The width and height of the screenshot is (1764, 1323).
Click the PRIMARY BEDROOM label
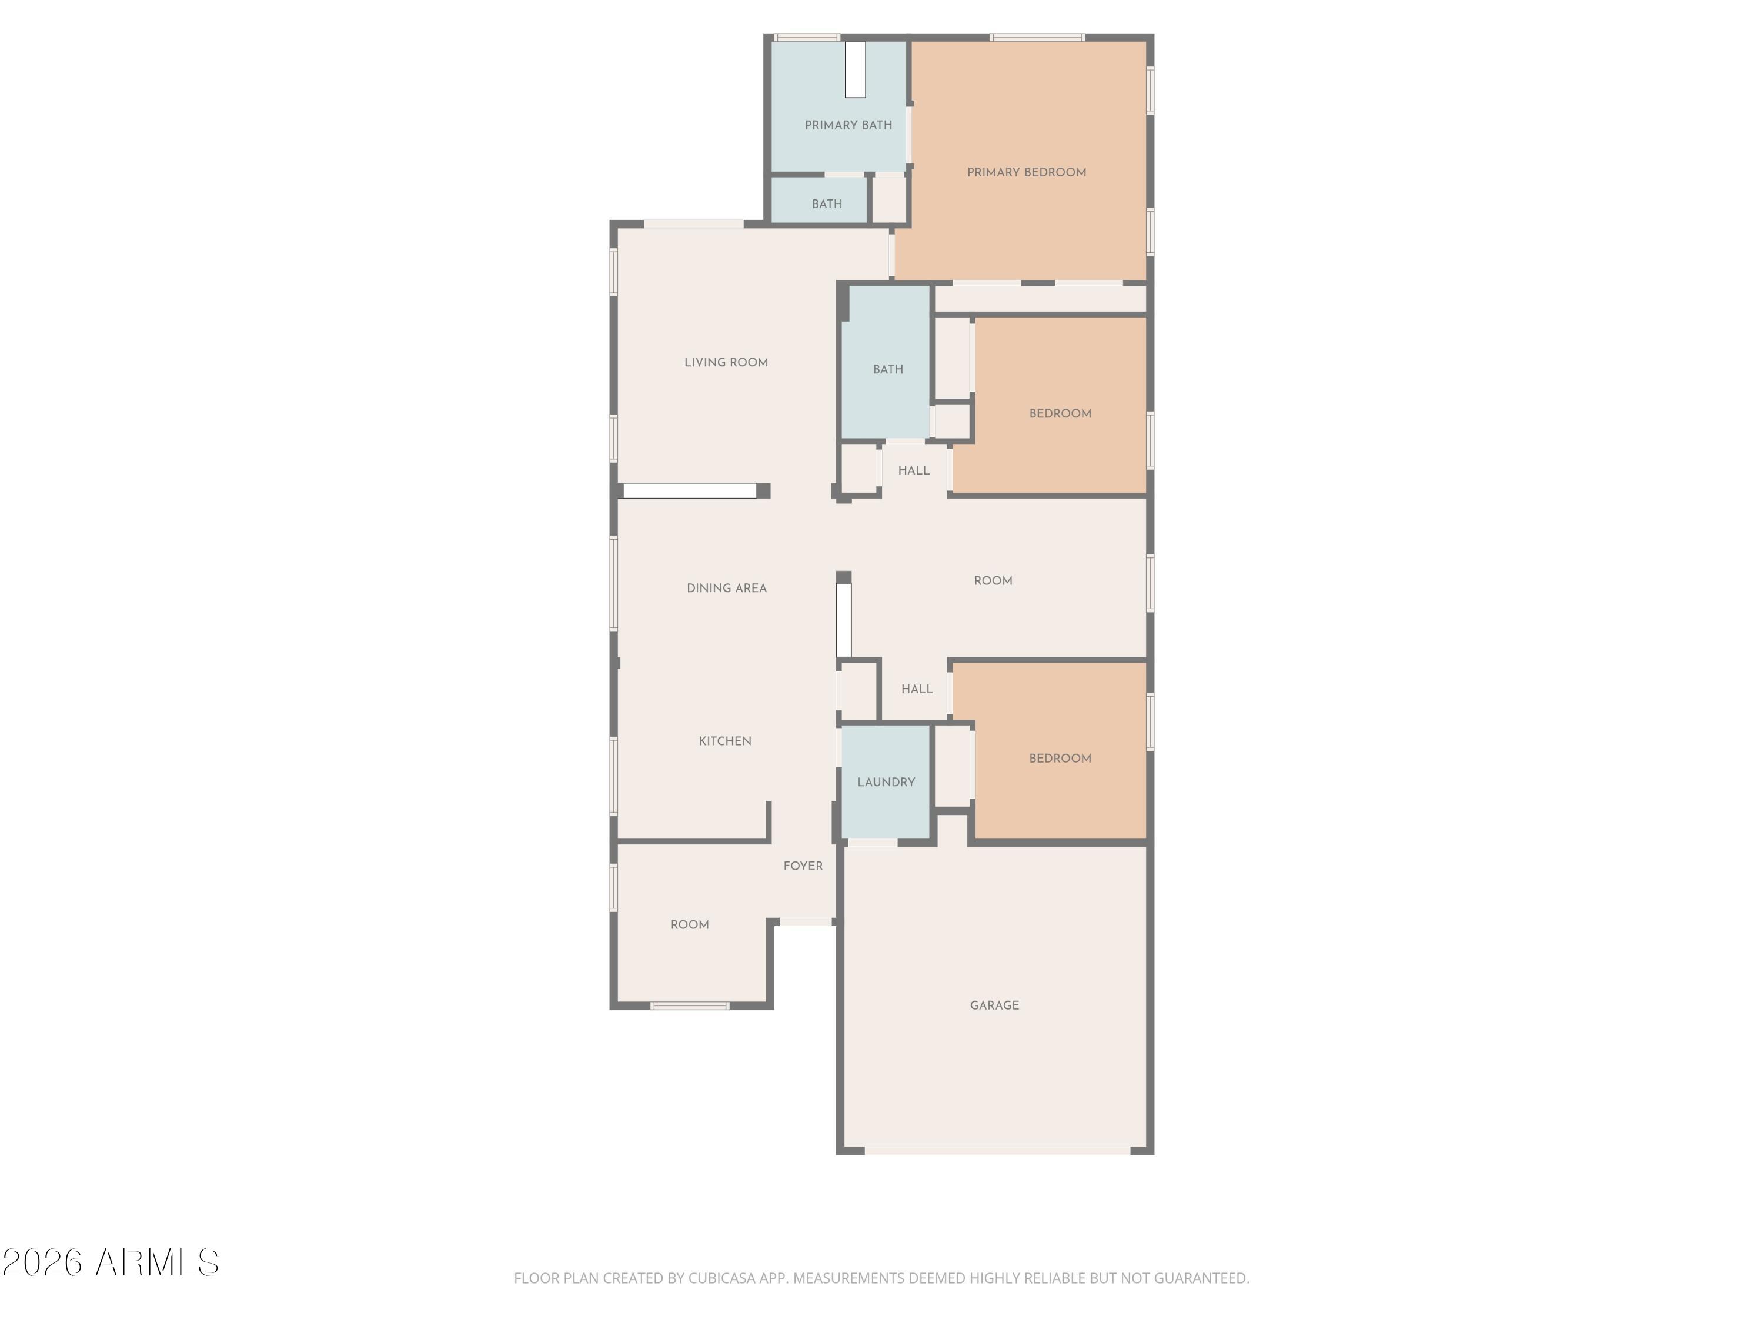[1026, 172]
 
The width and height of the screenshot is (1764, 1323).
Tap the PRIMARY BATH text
[848, 125]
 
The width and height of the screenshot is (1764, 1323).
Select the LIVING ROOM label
[726, 362]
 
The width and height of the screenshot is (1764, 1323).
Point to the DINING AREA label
[727, 589]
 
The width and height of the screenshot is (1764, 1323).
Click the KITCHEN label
[725, 741]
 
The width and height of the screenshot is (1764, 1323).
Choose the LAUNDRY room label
[886, 782]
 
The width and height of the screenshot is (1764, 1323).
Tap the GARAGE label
[994, 1005]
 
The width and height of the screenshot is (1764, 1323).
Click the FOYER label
[803, 866]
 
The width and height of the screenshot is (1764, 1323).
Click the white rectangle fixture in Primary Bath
[856, 69]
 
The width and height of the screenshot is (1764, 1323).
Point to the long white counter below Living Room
[690, 491]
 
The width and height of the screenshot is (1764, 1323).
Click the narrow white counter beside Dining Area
[844, 620]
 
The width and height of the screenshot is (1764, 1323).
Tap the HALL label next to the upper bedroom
[914, 470]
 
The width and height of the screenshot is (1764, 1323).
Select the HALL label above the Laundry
[917, 689]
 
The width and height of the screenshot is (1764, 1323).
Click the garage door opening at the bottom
[998, 1151]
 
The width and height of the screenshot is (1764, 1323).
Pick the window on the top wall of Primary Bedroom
[1037, 38]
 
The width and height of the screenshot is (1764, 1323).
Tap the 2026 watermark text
[42, 1262]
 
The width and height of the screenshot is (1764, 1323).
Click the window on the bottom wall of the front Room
[690, 1005]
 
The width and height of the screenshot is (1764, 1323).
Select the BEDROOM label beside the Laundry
[1060, 759]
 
